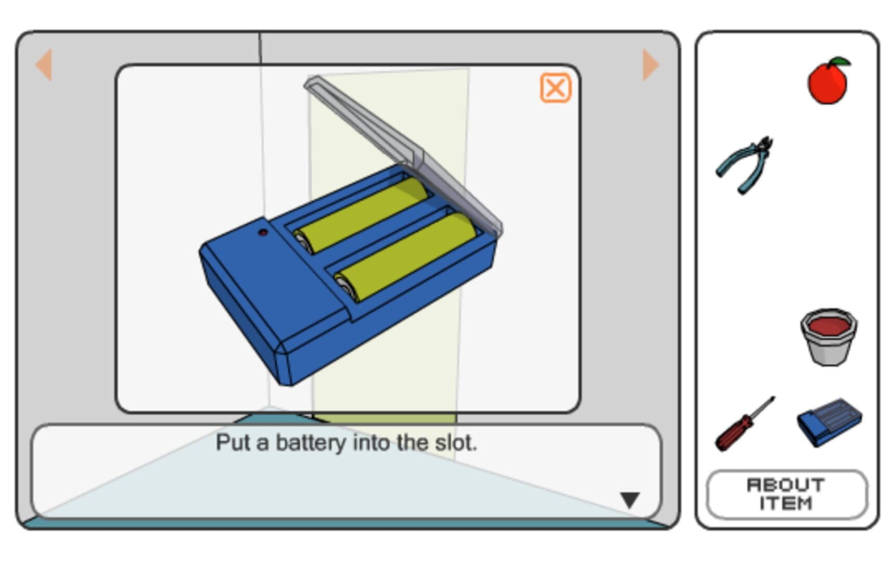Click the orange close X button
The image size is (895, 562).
tap(555, 88)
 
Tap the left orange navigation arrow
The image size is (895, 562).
tap(44, 65)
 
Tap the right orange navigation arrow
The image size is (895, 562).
tap(650, 65)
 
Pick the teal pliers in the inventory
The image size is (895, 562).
tap(744, 165)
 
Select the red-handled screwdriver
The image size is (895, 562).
tap(744, 424)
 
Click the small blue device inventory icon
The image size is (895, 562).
tap(829, 422)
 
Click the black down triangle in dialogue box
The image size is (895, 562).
tap(630, 500)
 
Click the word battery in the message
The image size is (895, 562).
tap(311, 443)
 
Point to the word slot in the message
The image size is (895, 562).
tap(455, 443)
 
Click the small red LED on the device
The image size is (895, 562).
tap(263, 233)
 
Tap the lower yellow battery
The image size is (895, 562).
tap(405, 257)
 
